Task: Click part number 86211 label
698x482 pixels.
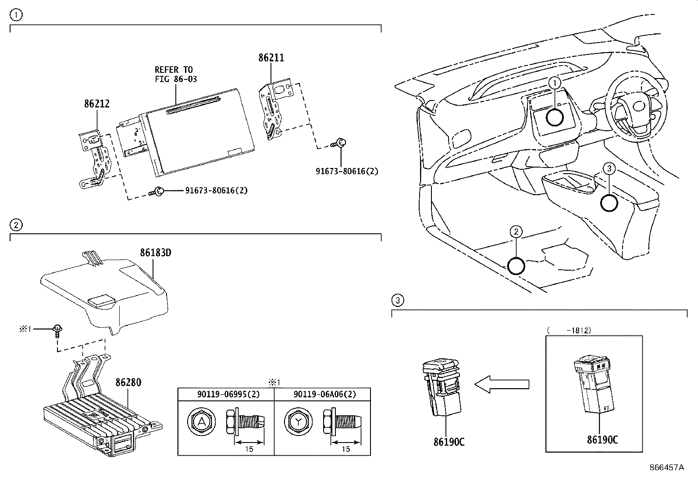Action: click(271, 58)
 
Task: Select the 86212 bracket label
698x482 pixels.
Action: click(96, 104)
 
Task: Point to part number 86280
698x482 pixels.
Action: click(128, 382)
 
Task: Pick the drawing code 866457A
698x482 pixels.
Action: click(666, 468)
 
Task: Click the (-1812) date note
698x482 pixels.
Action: click(569, 330)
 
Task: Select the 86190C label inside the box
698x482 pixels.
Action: click(602, 440)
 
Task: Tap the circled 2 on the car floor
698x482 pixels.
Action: click(516, 231)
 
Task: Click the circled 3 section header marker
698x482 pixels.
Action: click(397, 300)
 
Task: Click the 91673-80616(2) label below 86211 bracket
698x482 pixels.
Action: click(347, 171)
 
